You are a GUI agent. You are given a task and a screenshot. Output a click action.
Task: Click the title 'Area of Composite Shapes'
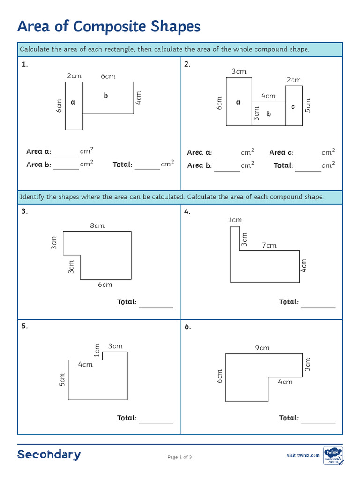point(109,27)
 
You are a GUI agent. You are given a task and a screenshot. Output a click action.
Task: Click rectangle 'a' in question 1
point(74,105)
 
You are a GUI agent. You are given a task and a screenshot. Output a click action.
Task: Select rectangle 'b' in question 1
point(108,97)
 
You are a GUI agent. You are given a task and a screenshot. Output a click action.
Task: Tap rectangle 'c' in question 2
point(293,107)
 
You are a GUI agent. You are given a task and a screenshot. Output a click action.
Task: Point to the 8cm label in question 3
point(97,226)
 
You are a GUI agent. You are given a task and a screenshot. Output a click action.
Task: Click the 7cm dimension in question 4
point(269,245)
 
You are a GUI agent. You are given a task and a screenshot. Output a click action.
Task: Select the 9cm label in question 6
point(262,348)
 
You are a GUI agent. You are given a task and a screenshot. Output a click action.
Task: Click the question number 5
point(24,327)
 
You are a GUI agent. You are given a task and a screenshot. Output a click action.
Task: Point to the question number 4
point(187,212)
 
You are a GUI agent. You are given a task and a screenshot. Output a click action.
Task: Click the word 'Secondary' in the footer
point(49,455)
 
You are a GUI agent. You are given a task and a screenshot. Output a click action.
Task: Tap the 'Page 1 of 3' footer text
point(180,457)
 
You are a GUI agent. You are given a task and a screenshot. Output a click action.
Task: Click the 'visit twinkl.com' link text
point(303,455)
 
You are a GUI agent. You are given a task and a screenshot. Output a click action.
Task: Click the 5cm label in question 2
point(307,105)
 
